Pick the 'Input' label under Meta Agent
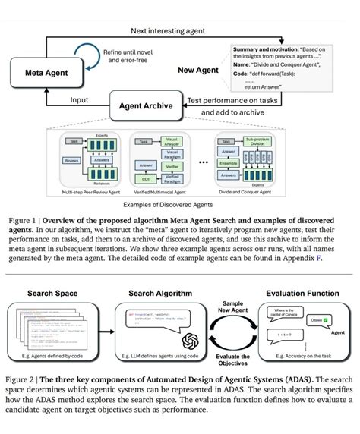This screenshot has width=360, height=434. tap(79, 99)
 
